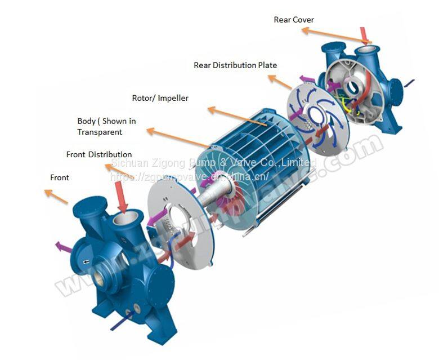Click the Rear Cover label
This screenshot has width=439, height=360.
(x=294, y=20)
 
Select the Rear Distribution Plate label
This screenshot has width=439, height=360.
(x=235, y=65)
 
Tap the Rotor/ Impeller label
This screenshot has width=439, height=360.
(x=160, y=98)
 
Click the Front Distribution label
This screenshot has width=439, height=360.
(x=99, y=154)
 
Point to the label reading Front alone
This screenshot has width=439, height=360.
(x=60, y=177)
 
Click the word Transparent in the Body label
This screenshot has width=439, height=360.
(x=100, y=132)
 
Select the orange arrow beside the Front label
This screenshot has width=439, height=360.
(x=56, y=197)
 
